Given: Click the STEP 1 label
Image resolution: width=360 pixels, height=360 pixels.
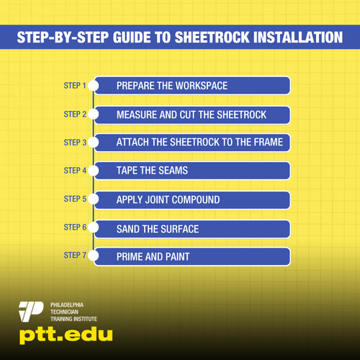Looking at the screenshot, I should pos(75,86).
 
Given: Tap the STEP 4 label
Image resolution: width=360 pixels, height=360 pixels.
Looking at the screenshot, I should pos(75,171).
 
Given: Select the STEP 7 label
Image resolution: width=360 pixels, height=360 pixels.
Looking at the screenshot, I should pos(75,255).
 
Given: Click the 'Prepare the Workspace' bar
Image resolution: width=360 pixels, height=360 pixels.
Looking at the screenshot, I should pos(193,86).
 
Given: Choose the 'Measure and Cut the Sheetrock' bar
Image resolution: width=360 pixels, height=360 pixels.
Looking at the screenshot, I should pos(193,114).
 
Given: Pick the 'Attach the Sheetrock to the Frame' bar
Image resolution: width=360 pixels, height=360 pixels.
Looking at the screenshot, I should pos(193,142).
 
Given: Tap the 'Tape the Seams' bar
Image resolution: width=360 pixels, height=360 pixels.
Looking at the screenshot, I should pos(193,171).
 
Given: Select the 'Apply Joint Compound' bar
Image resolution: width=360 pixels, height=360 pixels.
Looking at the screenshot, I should pos(193,199).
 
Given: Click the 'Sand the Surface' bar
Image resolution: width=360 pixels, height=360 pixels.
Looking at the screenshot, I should pos(193,228).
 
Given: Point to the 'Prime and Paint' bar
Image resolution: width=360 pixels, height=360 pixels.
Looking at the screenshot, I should pos(193,256).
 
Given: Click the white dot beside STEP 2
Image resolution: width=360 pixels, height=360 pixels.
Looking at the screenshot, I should pos(93,114).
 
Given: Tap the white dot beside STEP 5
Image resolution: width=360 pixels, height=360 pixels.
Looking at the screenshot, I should pos(93,199).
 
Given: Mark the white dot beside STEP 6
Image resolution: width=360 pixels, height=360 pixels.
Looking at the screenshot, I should pos(93,228).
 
